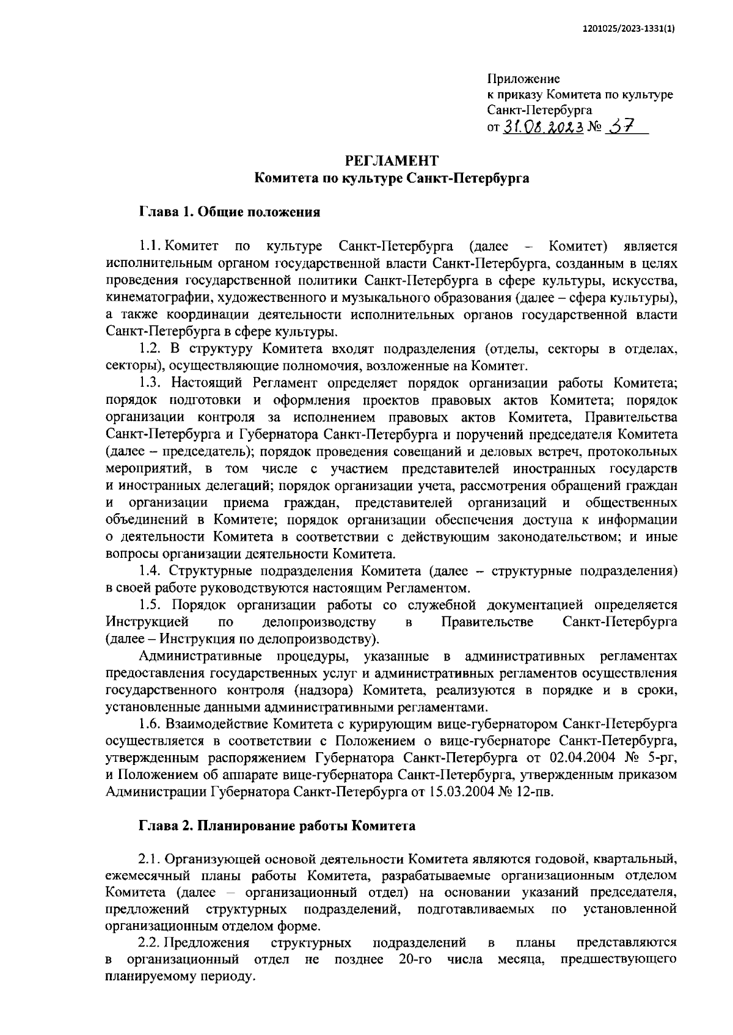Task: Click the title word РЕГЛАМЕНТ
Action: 392,161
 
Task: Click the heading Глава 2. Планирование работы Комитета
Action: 277,826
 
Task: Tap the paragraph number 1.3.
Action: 150,383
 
